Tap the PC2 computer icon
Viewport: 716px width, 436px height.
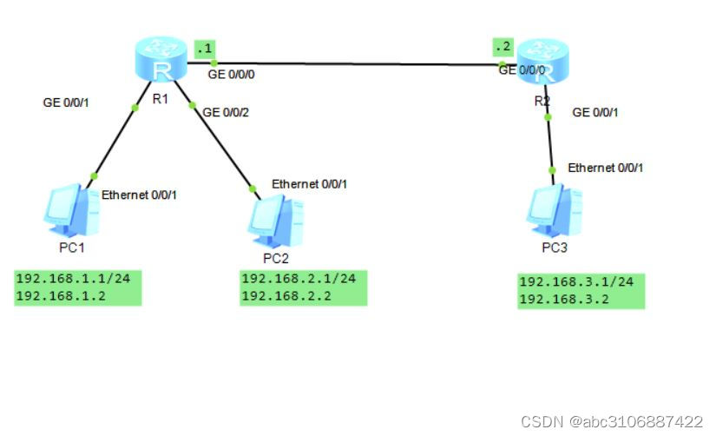275,220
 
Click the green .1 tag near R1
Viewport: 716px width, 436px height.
205,48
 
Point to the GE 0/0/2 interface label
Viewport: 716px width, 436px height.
225,111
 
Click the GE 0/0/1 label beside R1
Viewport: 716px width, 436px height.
66,102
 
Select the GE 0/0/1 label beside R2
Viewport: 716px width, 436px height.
595,112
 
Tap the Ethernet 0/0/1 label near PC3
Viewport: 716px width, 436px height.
606,168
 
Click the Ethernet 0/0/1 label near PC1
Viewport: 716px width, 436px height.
140,195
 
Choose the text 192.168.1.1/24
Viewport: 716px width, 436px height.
78,279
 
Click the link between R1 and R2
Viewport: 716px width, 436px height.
356,63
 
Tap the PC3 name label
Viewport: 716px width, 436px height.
555,248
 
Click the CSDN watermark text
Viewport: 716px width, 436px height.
611,421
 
